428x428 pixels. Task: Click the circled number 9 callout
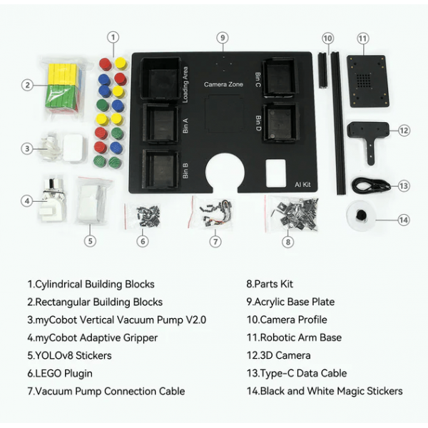coord(223,38)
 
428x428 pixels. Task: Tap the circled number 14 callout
coord(404,220)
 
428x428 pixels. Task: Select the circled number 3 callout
coord(27,149)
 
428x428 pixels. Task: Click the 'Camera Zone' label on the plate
coord(223,84)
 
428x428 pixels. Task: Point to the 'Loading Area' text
coord(185,85)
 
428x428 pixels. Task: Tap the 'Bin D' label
coord(258,123)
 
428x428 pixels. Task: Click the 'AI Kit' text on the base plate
coord(302,185)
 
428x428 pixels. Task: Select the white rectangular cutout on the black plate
coord(275,173)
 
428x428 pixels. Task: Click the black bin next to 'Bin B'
coord(160,169)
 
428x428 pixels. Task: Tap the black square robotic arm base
coord(367,81)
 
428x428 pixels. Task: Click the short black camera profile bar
coord(322,71)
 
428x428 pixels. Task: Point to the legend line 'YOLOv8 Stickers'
coord(69,355)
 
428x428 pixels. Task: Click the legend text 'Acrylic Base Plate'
coord(290,302)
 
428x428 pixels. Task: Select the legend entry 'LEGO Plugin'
coord(60,373)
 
